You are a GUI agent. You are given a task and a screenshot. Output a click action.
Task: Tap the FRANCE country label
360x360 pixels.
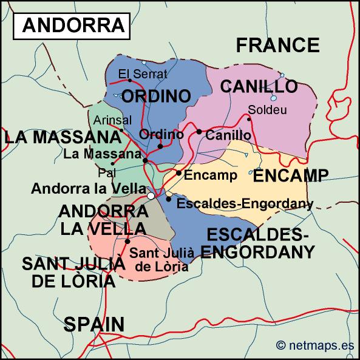point(277,45)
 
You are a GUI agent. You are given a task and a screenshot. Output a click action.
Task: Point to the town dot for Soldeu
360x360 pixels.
point(248,119)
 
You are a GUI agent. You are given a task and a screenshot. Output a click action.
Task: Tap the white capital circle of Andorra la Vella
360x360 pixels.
point(151,195)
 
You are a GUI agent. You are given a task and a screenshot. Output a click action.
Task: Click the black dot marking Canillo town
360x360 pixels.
point(199,131)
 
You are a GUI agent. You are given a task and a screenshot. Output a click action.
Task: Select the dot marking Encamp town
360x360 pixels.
point(178,173)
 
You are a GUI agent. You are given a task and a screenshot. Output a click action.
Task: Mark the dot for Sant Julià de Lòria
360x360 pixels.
point(127,241)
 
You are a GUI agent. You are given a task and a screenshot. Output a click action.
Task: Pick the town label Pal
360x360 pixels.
point(106,172)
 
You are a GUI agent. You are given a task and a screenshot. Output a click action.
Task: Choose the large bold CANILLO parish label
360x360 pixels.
point(259,86)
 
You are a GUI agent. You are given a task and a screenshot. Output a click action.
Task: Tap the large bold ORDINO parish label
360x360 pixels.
point(156,96)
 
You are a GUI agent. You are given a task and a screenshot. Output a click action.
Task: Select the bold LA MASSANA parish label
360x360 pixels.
point(63,137)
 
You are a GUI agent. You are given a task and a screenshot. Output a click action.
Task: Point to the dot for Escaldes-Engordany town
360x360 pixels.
point(168,199)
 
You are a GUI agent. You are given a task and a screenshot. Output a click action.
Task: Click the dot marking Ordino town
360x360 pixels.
point(160,146)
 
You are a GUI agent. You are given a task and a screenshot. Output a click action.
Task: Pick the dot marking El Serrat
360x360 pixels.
point(121,82)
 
